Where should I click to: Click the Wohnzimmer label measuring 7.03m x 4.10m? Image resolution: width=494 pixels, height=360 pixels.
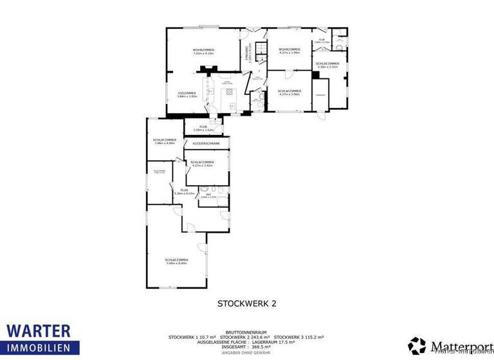pyautogui.click(x=203, y=51)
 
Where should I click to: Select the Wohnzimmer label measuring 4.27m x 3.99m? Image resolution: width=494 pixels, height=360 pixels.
pyautogui.click(x=289, y=51)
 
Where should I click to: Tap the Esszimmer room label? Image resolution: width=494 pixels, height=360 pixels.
pyautogui.click(x=187, y=94)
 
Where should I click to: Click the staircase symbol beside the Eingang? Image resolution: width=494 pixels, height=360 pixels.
pyautogui.click(x=260, y=50)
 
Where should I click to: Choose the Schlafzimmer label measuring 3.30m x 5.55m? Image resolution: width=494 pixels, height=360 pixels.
pyautogui.click(x=327, y=65)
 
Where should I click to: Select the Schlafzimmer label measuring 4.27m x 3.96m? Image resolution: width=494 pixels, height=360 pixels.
pyautogui.click(x=289, y=93)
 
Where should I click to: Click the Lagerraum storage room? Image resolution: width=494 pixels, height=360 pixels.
pyautogui.click(x=320, y=95)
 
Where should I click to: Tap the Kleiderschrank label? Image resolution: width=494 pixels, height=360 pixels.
pyautogui.click(x=206, y=143)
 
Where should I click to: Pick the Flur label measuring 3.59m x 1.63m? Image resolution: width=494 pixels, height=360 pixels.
pyautogui.click(x=203, y=128)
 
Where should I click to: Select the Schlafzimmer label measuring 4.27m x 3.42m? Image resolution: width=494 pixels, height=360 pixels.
pyautogui.click(x=202, y=163)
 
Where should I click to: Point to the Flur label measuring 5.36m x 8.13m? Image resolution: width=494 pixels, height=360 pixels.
pyautogui.click(x=184, y=192)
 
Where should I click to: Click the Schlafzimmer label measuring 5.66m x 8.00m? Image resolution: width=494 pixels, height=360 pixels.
pyautogui.click(x=176, y=261)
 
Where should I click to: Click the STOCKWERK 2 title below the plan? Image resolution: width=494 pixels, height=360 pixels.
pyautogui.click(x=247, y=302)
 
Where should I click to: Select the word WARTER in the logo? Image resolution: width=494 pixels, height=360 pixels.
pyautogui.click(x=39, y=331)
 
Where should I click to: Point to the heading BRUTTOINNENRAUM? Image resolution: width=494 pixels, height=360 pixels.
pyautogui.click(x=246, y=332)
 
